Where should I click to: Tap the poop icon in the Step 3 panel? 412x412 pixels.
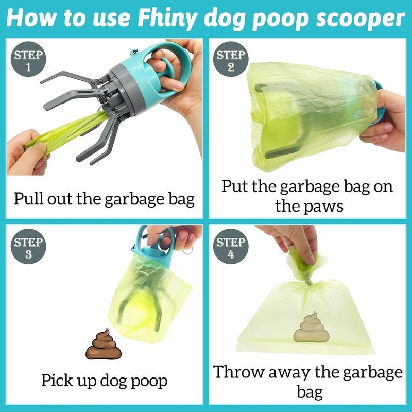(x=103, y=345)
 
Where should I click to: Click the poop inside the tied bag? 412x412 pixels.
(x=311, y=328)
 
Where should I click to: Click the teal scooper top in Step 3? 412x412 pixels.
(x=149, y=252)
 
